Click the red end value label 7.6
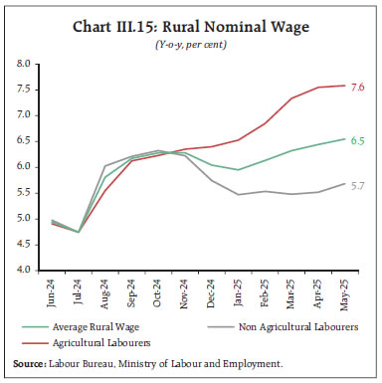tap(358, 87)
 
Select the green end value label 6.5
tap(358, 141)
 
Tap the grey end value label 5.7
tap(358, 185)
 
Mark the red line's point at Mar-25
tap(291, 98)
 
